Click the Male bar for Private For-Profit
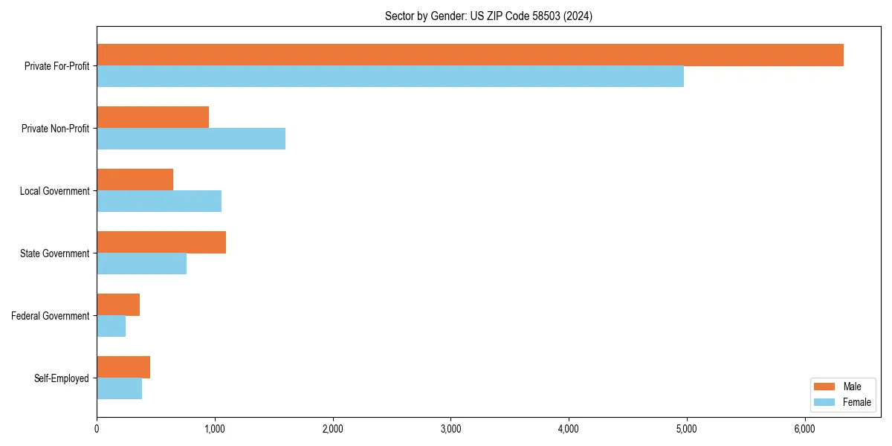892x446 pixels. pos(470,55)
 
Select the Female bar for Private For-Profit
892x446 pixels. pos(390,77)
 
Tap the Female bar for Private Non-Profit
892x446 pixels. pos(191,139)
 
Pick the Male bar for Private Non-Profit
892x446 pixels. pos(152,117)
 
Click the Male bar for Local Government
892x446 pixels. pos(135,180)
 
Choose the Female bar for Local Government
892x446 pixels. pos(159,201)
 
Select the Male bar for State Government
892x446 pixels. pos(161,242)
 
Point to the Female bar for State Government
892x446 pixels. pos(141,264)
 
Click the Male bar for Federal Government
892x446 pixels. pos(118,305)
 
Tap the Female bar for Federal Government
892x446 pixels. pos(111,326)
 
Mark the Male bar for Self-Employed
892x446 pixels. pos(123,367)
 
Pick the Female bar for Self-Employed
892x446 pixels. pos(119,389)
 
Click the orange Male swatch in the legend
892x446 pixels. pos(825,387)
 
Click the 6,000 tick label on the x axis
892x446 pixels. pos(804,429)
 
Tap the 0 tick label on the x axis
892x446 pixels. pos(97,429)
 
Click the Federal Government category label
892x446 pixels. pos(51,316)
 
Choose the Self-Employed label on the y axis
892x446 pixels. pos(62,378)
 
